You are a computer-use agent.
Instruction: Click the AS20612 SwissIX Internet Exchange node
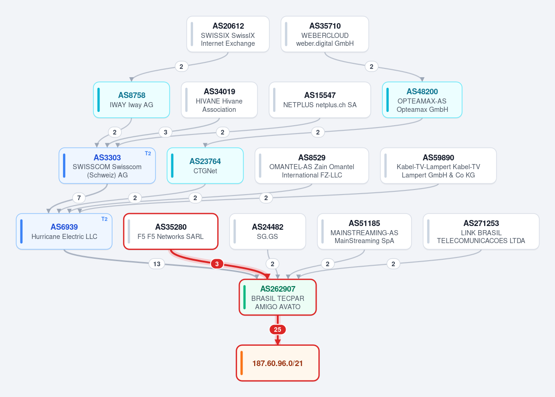click(x=228, y=34)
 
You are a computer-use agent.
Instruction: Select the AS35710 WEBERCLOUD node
click(x=324, y=34)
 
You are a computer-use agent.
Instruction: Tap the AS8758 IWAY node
click(x=131, y=100)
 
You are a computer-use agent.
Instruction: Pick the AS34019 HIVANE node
click(x=219, y=100)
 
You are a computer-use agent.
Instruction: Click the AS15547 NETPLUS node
click(x=319, y=100)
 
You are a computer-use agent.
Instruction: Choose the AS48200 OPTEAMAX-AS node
click(x=422, y=100)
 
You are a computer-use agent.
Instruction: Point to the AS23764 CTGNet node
click(x=205, y=165)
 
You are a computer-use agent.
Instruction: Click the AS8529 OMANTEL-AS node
click(x=312, y=165)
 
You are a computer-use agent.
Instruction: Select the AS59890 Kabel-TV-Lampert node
click(x=438, y=165)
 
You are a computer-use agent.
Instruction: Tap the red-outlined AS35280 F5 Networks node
click(x=171, y=231)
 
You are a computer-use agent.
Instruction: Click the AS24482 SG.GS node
click(x=267, y=231)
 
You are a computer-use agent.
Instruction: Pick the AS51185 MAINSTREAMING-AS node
click(x=364, y=231)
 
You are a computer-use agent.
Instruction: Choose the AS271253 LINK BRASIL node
click(x=481, y=231)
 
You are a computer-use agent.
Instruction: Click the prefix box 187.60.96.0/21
click(x=278, y=363)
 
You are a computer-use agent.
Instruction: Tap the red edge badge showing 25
click(x=278, y=330)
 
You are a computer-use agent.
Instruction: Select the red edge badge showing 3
click(x=217, y=264)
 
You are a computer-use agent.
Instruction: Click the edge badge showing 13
click(x=157, y=264)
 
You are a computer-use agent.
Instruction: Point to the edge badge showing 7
click(x=79, y=198)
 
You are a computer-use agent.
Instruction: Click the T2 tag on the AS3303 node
click(x=148, y=153)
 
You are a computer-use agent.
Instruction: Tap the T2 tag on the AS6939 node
click(x=105, y=219)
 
